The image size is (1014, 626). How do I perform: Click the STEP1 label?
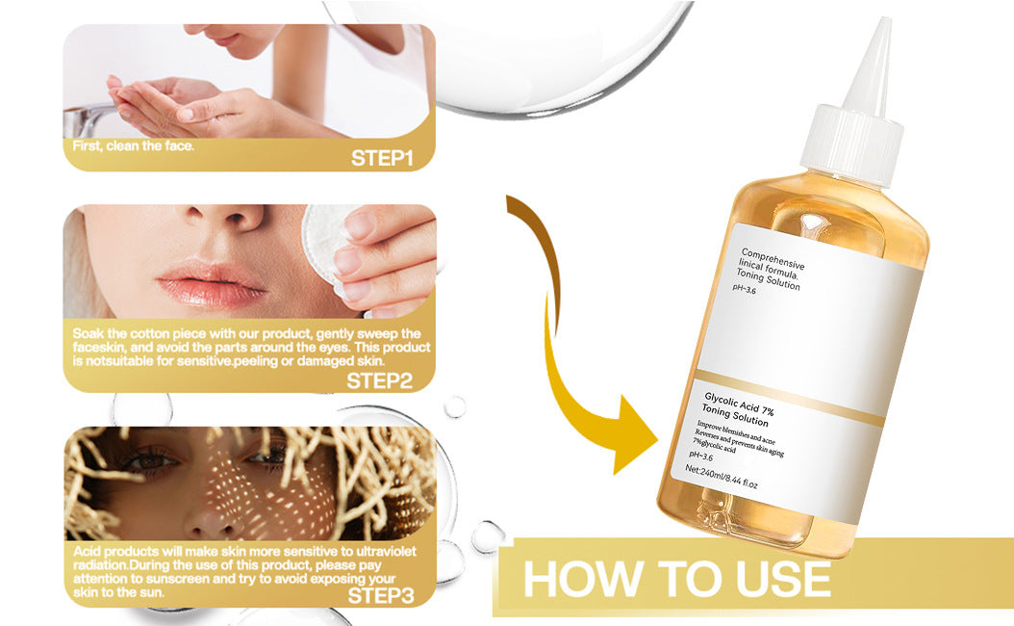(381, 158)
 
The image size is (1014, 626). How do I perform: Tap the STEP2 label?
(379, 379)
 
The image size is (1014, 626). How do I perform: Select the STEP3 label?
(380, 596)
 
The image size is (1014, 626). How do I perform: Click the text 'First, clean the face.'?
(134, 147)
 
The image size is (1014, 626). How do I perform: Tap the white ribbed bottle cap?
(854, 145)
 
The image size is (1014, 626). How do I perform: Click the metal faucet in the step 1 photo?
(82, 120)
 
